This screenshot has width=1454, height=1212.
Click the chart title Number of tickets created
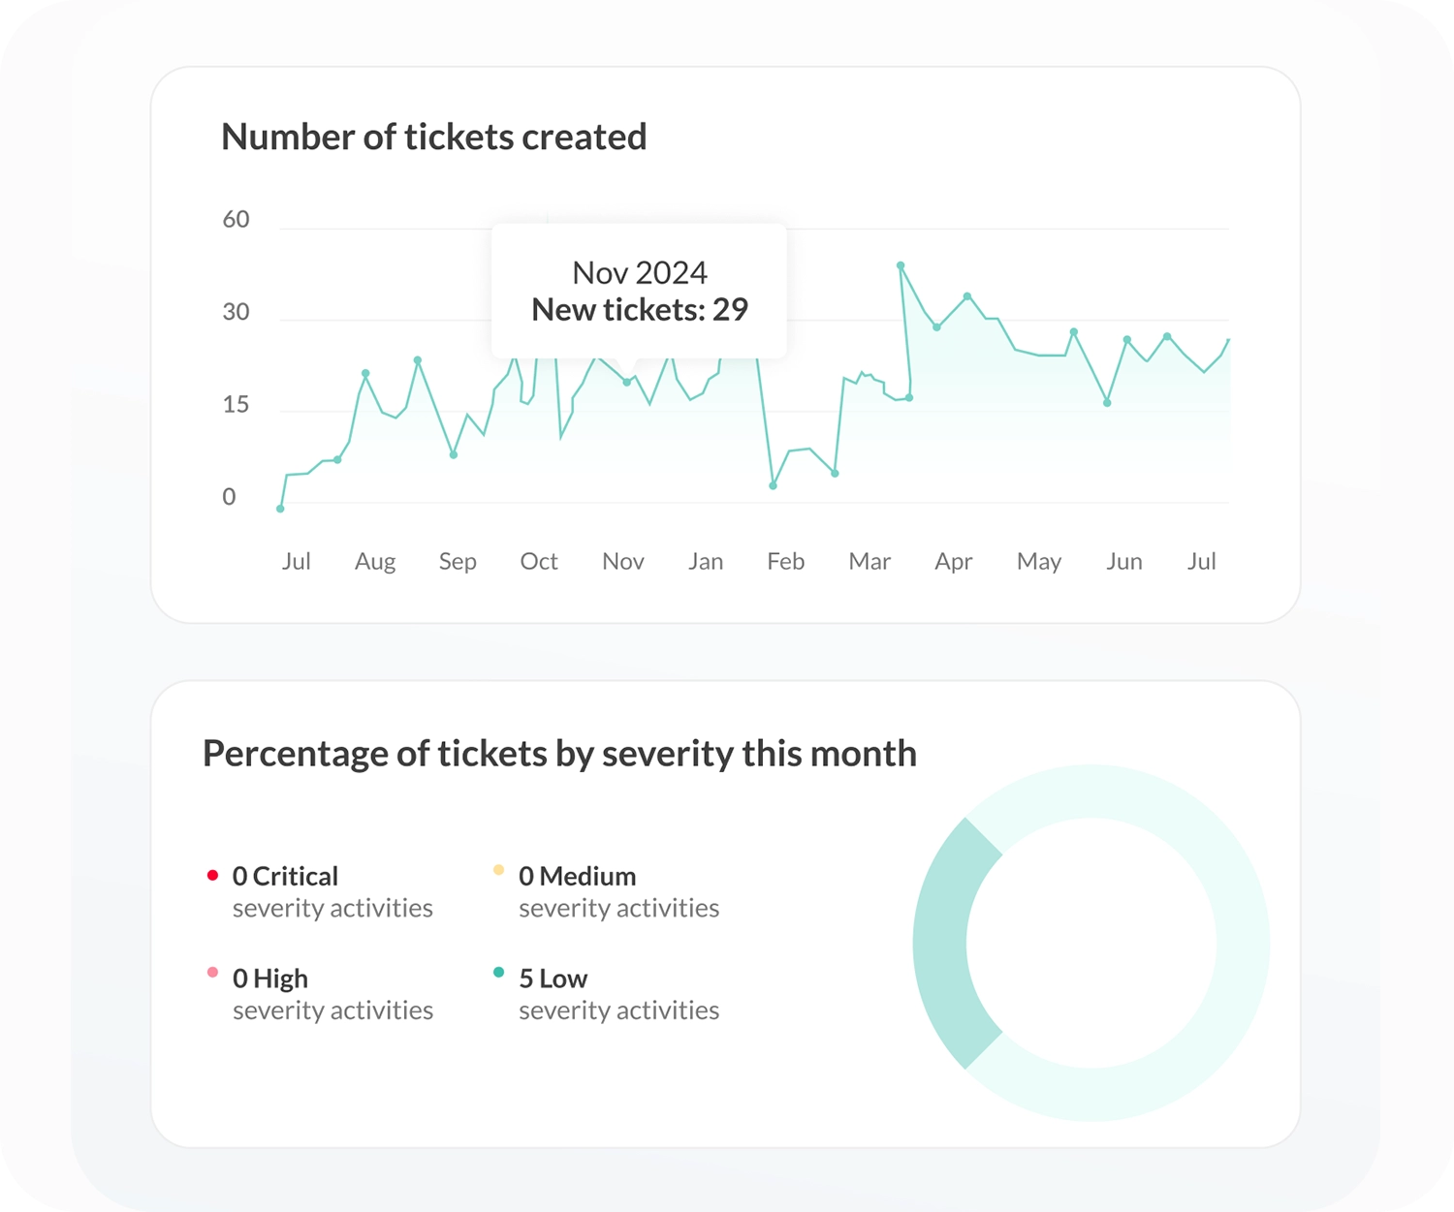433,138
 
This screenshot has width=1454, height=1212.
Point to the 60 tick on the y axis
236,220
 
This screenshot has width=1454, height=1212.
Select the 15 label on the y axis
236,405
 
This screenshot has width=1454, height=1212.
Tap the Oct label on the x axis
538,562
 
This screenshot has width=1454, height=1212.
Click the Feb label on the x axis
785,562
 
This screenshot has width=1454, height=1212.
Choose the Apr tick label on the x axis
953,562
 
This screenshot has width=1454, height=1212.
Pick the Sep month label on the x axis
458,562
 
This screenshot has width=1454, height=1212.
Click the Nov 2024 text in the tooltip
639,273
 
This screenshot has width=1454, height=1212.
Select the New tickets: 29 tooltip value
639,310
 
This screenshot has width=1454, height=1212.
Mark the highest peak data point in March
901,265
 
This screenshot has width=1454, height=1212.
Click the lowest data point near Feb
773,485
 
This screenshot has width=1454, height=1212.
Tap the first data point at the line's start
280,509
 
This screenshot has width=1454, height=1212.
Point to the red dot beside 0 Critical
212,875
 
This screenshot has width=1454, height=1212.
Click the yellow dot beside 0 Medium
498,870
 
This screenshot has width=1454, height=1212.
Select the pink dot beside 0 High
212,973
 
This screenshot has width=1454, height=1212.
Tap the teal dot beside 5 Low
498,973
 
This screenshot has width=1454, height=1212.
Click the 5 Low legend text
553,979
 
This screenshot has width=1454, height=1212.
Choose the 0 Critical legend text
285,877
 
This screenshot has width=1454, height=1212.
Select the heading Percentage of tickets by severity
559,754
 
